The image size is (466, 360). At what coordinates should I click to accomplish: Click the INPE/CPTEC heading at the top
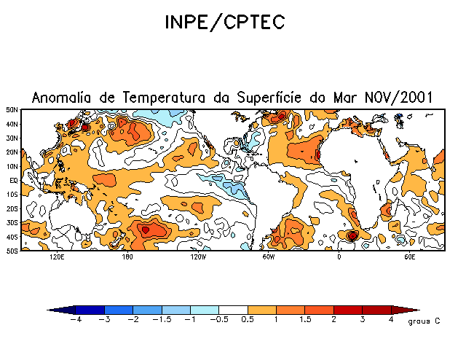(224, 23)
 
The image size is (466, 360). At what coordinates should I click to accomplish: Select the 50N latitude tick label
(12, 110)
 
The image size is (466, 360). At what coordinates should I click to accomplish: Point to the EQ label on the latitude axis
(14, 180)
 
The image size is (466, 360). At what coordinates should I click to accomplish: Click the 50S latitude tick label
(12, 251)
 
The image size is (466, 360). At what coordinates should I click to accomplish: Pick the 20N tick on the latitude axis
(12, 152)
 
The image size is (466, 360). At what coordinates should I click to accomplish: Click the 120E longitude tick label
(57, 257)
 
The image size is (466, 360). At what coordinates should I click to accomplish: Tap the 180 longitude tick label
(127, 257)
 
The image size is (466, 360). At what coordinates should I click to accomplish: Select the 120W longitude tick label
(198, 257)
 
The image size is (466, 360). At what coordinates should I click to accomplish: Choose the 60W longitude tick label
(268, 257)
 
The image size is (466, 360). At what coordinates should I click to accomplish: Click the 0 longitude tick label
(339, 257)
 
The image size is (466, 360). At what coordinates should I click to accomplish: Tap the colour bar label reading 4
(392, 319)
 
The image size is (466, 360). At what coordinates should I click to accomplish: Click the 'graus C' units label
(424, 321)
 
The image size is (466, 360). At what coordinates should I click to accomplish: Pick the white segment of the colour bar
(234, 310)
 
